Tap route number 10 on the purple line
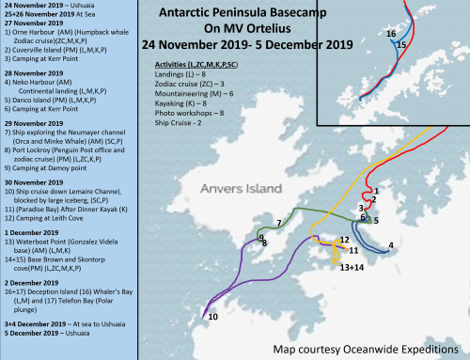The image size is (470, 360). coord(212,318)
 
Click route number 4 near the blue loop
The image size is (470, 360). coord(390,246)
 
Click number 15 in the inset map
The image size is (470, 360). coord(401,44)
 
